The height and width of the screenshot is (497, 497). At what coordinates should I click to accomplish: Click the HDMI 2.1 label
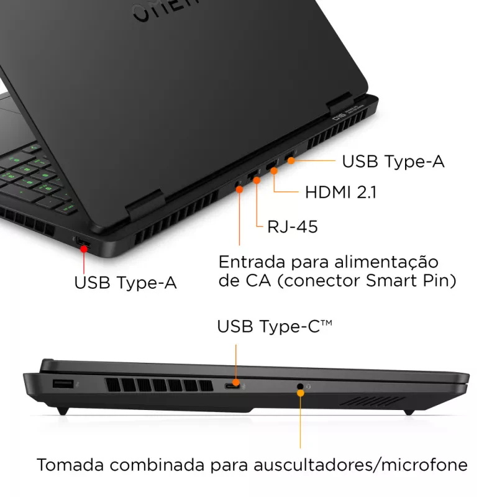340,192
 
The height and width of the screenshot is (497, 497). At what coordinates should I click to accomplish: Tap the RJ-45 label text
292,227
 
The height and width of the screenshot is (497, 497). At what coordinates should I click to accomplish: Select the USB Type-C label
274,326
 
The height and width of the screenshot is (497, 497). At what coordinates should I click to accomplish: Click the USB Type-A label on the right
393,162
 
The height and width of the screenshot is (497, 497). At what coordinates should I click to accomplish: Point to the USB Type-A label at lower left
125,283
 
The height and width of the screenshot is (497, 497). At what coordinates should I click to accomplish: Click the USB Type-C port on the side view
234,386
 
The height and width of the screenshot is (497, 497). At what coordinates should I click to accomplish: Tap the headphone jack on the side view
301,387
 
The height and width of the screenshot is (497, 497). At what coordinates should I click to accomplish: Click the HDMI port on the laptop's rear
272,168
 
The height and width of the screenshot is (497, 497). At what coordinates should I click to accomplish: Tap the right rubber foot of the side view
408,411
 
